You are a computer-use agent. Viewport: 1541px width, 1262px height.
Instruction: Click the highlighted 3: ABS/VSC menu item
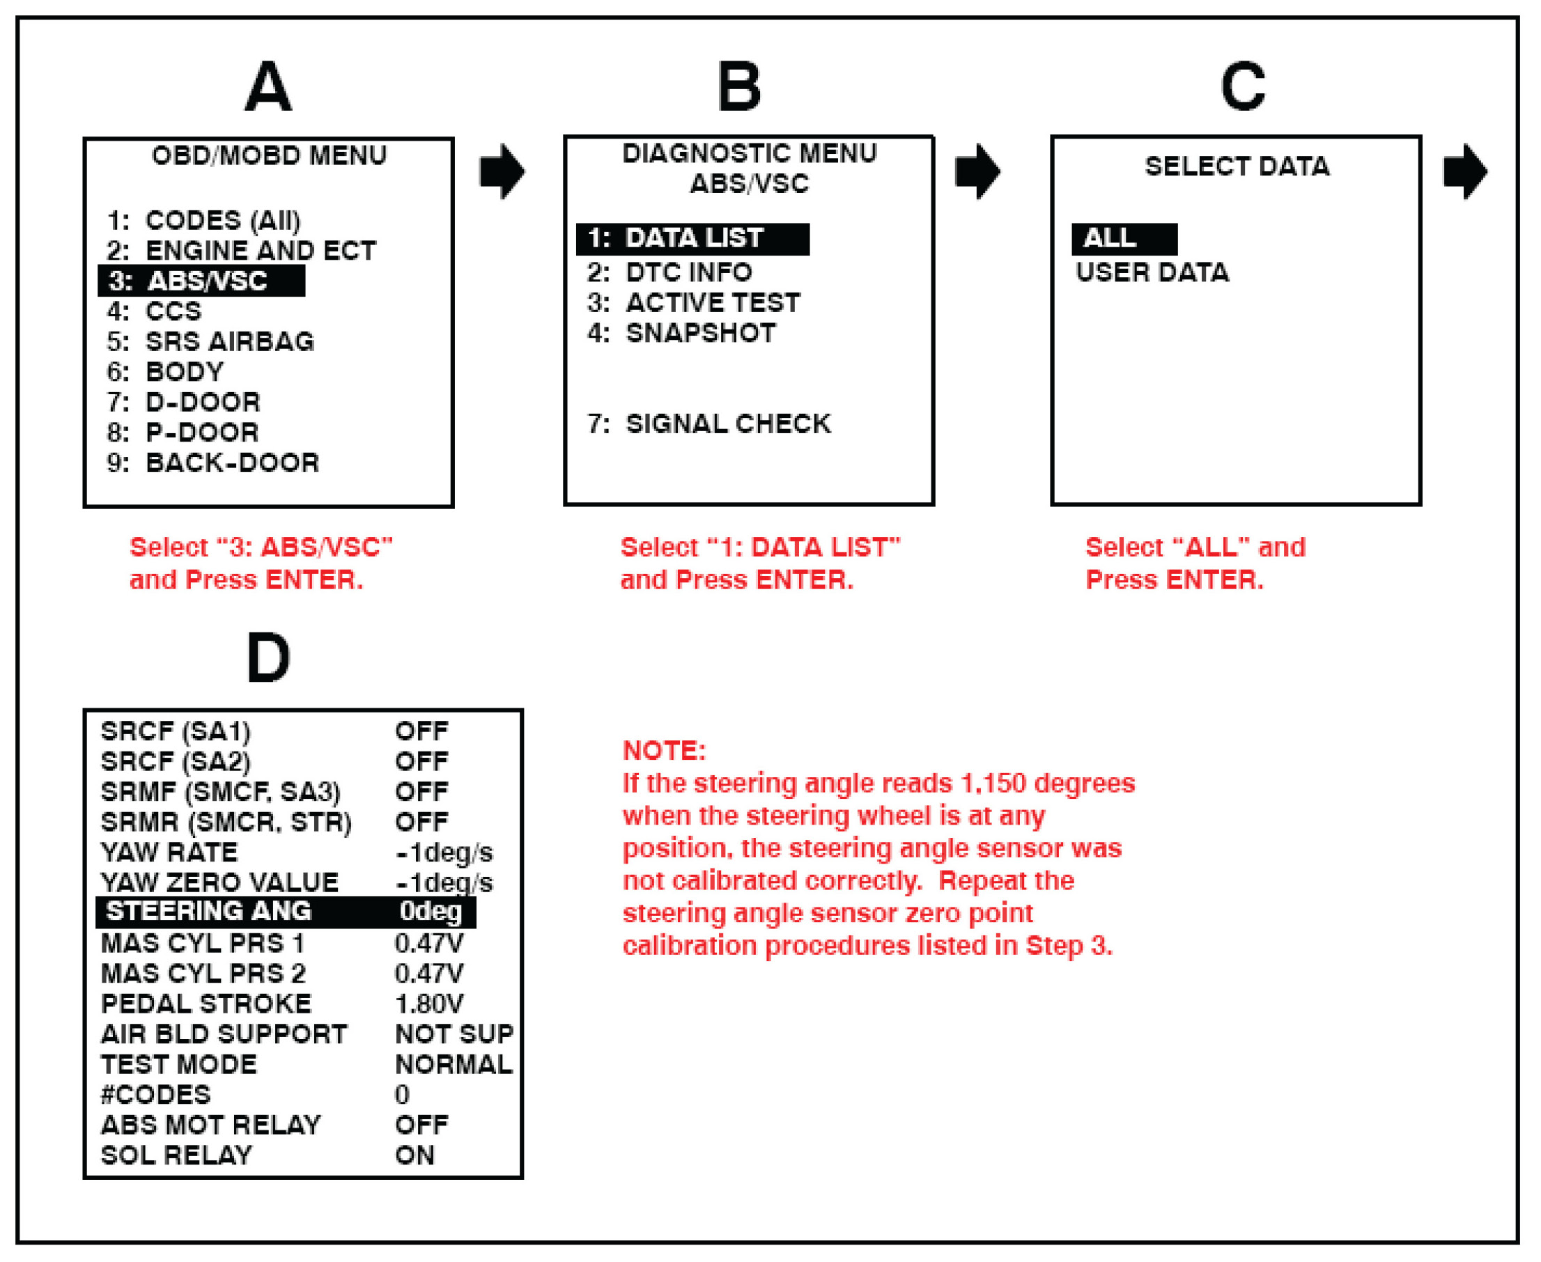coord(201,281)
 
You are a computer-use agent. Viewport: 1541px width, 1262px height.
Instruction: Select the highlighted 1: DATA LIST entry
coord(692,238)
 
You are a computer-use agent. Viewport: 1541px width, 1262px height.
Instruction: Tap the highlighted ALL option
coord(1124,238)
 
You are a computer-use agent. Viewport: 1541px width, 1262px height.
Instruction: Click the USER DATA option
coord(1152,272)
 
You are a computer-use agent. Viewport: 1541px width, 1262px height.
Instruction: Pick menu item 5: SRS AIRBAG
coord(210,342)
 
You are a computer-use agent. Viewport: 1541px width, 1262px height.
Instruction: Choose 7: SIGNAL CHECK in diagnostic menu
coord(708,424)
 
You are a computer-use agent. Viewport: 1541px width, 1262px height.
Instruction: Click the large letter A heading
coord(268,87)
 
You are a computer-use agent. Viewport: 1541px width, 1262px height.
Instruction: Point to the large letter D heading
coord(268,658)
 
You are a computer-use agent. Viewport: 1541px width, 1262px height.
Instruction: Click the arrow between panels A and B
coord(502,171)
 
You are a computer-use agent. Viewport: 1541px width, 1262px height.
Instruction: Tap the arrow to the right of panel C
coord(1464,171)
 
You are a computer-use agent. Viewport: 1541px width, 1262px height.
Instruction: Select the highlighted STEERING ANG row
coord(285,912)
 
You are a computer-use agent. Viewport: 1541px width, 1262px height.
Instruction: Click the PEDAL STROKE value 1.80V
coord(429,1004)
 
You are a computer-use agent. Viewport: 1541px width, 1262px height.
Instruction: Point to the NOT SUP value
coord(454,1034)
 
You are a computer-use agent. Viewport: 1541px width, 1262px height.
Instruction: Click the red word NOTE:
coord(664,750)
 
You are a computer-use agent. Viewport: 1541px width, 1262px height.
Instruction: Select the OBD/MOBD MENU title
coord(269,155)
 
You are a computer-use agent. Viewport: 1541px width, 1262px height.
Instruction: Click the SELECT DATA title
coord(1237,166)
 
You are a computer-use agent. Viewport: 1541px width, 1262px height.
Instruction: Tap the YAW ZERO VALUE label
coord(219,882)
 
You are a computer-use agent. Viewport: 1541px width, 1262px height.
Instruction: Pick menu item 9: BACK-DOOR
coord(212,463)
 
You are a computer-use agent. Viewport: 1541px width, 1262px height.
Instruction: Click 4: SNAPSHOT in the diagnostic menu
coord(681,333)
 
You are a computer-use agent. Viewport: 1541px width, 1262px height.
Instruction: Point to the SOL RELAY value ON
coord(415,1155)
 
